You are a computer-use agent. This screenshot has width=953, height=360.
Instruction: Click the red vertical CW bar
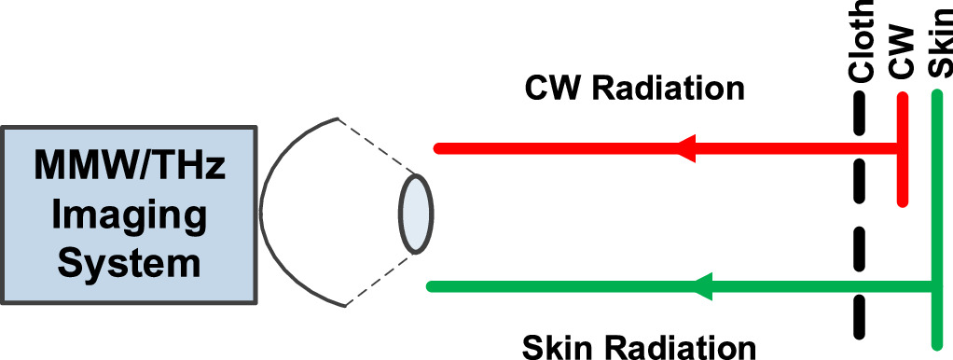pos(901,159)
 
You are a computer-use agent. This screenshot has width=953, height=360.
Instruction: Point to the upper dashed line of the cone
pos(373,145)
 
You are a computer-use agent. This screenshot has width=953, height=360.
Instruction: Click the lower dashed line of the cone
pos(378,279)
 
